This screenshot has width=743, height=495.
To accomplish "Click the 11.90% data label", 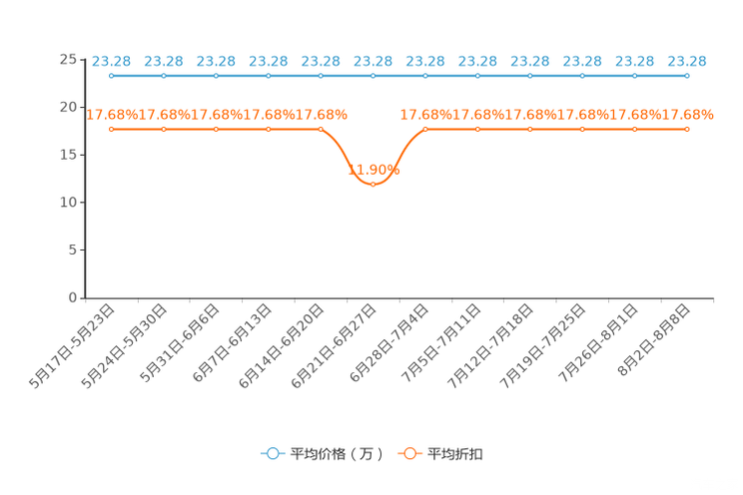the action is pos(373,170).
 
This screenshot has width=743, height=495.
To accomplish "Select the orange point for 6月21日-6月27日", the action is pos(372,185).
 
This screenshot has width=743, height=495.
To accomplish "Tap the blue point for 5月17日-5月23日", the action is pos(112,76).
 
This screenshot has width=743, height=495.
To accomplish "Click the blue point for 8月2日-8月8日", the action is pos(687,76).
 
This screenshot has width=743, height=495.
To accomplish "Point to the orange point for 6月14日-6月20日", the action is pos(321,130).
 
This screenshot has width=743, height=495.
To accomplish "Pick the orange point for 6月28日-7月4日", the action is pos(425,130).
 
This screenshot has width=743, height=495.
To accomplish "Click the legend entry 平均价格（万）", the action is pos(323,454).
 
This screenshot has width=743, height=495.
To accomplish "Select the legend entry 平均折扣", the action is pos(440,454).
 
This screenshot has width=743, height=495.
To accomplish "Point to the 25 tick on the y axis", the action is pos(68,60).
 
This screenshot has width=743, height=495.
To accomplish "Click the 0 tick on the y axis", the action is pos(72,298).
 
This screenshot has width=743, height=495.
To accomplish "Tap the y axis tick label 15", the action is pos(68,155).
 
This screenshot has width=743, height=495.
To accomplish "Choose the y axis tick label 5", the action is pos(72,250).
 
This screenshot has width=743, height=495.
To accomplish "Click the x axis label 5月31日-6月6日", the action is pos(180,343).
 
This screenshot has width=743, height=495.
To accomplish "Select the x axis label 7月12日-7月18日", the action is pos(490,346).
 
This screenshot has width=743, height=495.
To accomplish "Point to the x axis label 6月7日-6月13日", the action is pos(232,343).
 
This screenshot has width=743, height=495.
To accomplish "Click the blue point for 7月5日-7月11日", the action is pos(477,76).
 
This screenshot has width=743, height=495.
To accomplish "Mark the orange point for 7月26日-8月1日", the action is pos(635,130).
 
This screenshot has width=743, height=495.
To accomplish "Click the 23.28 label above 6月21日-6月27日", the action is pos(372,62).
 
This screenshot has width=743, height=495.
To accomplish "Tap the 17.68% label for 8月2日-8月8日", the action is pos(687,115).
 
